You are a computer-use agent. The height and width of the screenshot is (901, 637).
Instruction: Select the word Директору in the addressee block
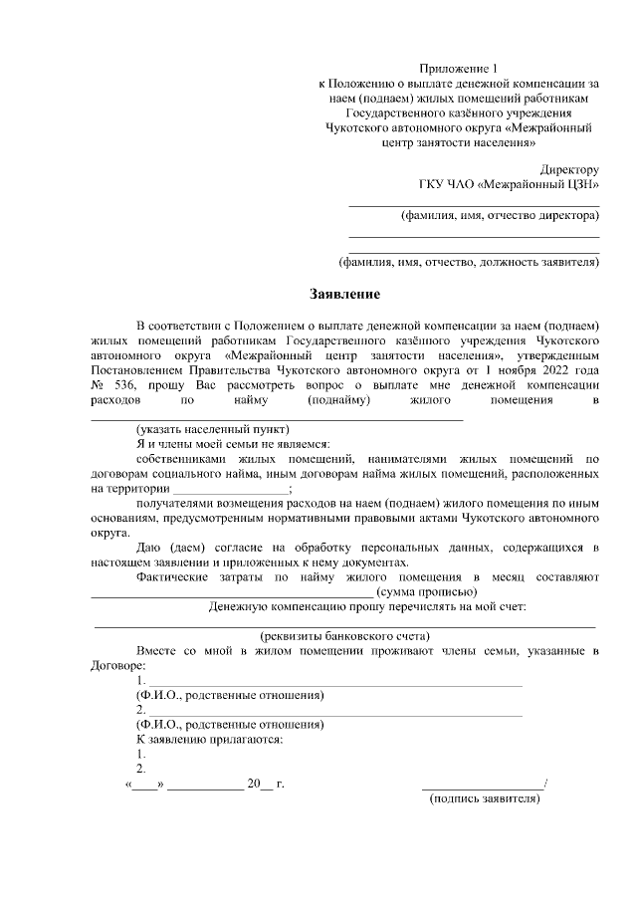click(x=567, y=170)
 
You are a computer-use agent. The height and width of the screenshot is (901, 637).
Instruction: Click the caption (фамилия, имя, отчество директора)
click(x=499, y=216)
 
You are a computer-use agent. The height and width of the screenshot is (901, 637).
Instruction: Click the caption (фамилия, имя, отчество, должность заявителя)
click(x=469, y=263)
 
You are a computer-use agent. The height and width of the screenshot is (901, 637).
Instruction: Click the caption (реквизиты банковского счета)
click(x=344, y=635)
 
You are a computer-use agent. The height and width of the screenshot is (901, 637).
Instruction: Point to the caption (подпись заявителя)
click(x=485, y=798)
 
